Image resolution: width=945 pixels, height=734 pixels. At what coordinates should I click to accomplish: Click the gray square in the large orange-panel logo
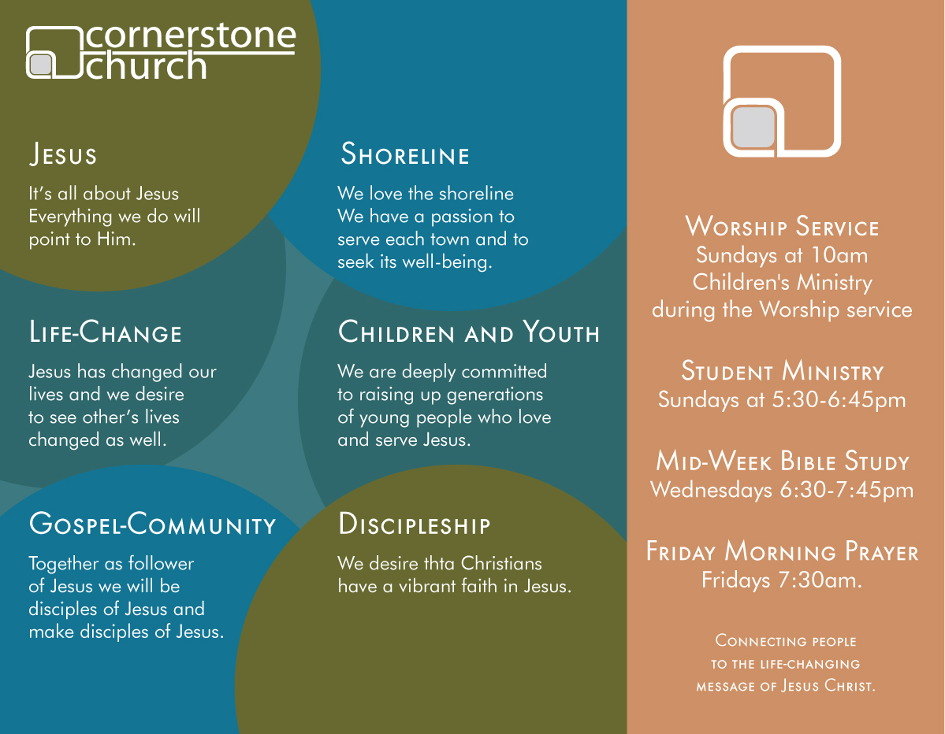pos(753,128)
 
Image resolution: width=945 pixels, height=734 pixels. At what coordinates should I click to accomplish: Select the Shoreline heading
pos(405,154)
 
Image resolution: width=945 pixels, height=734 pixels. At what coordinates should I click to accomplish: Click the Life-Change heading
pos(106,332)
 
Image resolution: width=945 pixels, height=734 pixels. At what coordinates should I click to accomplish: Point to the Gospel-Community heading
pos(152,524)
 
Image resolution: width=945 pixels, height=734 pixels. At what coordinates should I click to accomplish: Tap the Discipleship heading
pos(415,525)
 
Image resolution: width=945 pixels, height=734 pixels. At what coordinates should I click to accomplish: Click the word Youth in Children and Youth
pos(560,333)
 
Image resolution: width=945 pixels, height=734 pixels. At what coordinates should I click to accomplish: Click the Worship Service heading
pos(782,227)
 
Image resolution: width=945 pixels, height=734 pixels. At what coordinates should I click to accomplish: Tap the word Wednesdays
pos(712,490)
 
